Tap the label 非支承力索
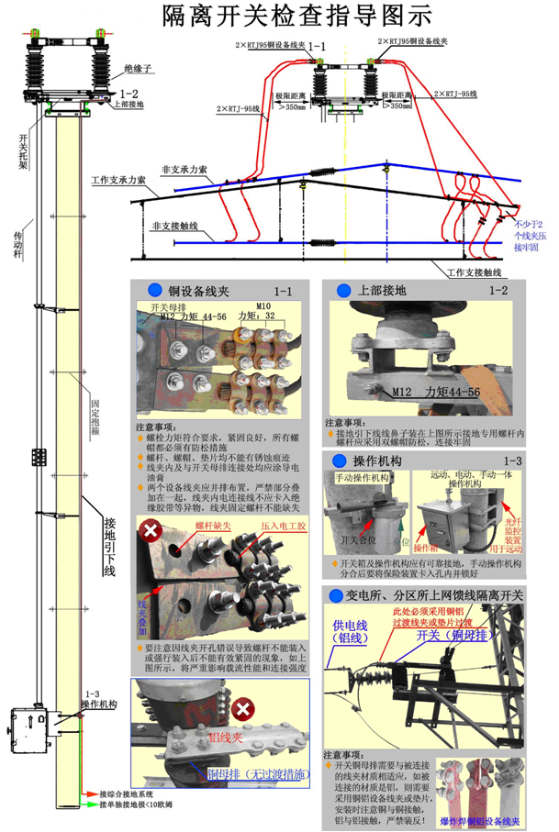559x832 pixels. pyautogui.click(x=184, y=171)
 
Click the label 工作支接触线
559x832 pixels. pyautogui.click(x=475, y=273)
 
